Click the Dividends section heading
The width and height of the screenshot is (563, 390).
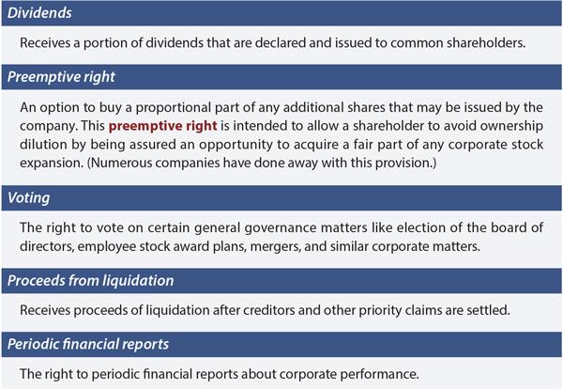pyautogui.click(x=39, y=13)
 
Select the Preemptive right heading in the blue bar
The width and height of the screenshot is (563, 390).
pyautogui.click(x=61, y=77)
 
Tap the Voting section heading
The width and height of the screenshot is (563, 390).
pyautogui.click(x=29, y=198)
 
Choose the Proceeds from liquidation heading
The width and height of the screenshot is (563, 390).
pyautogui.click(x=90, y=281)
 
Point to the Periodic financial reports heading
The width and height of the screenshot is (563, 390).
pyautogui.click(x=88, y=344)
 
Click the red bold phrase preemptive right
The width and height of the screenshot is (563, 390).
pyautogui.click(x=163, y=126)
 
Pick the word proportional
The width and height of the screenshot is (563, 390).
pyautogui.click(x=174, y=107)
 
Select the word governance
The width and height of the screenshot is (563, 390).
pyautogui.click(x=281, y=227)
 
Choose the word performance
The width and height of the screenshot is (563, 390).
pyautogui.click(x=379, y=374)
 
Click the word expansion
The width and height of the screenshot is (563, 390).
pyautogui.click(x=52, y=164)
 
